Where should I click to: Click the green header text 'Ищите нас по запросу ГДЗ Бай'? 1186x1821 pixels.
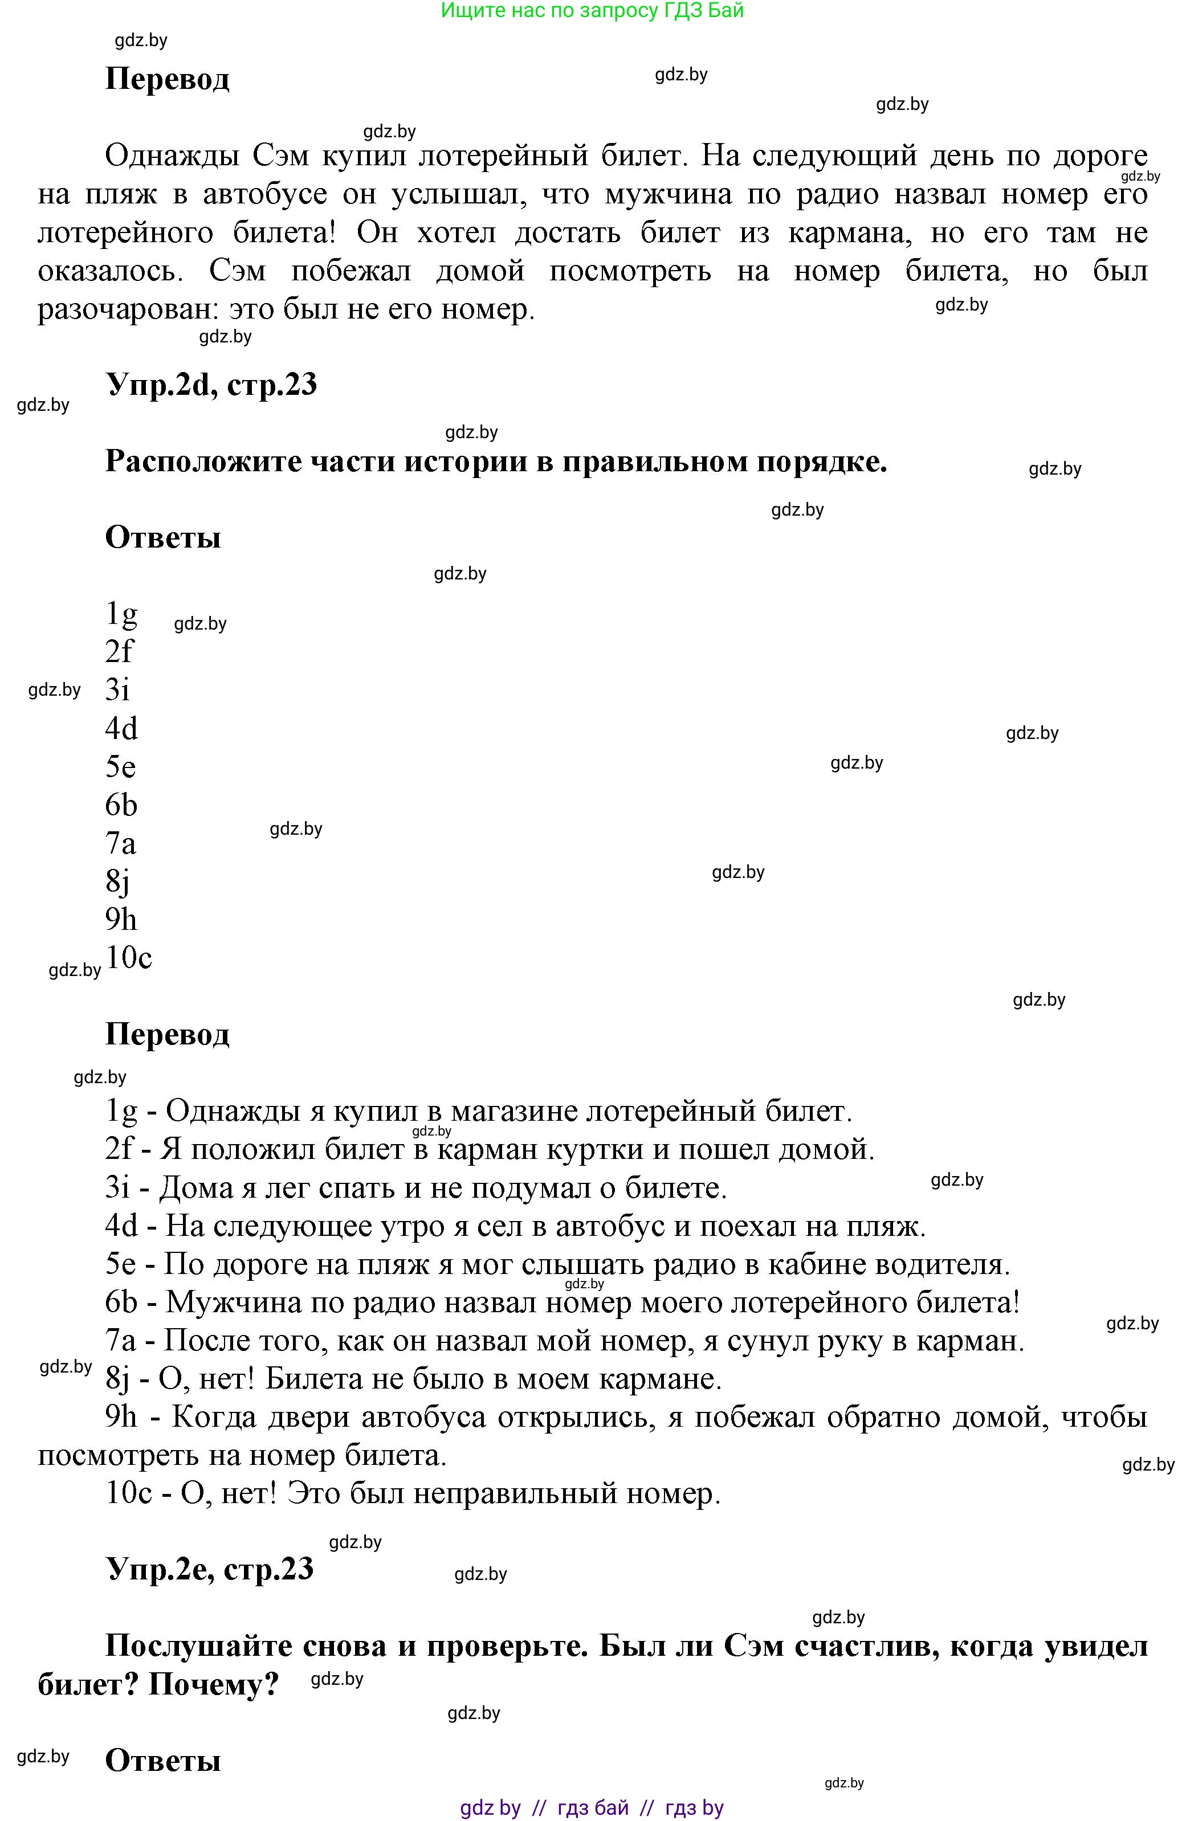click(592, 11)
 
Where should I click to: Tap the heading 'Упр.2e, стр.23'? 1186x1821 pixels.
click(209, 1569)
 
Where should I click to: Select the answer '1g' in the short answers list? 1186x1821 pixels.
click(121, 614)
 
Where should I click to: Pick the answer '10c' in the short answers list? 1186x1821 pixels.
click(129, 957)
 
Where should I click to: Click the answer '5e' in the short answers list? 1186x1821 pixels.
click(120, 767)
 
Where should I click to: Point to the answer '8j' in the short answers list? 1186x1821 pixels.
click(117, 881)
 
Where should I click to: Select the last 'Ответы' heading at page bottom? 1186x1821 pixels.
click(162, 1761)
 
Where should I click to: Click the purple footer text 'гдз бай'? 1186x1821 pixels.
click(593, 1808)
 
